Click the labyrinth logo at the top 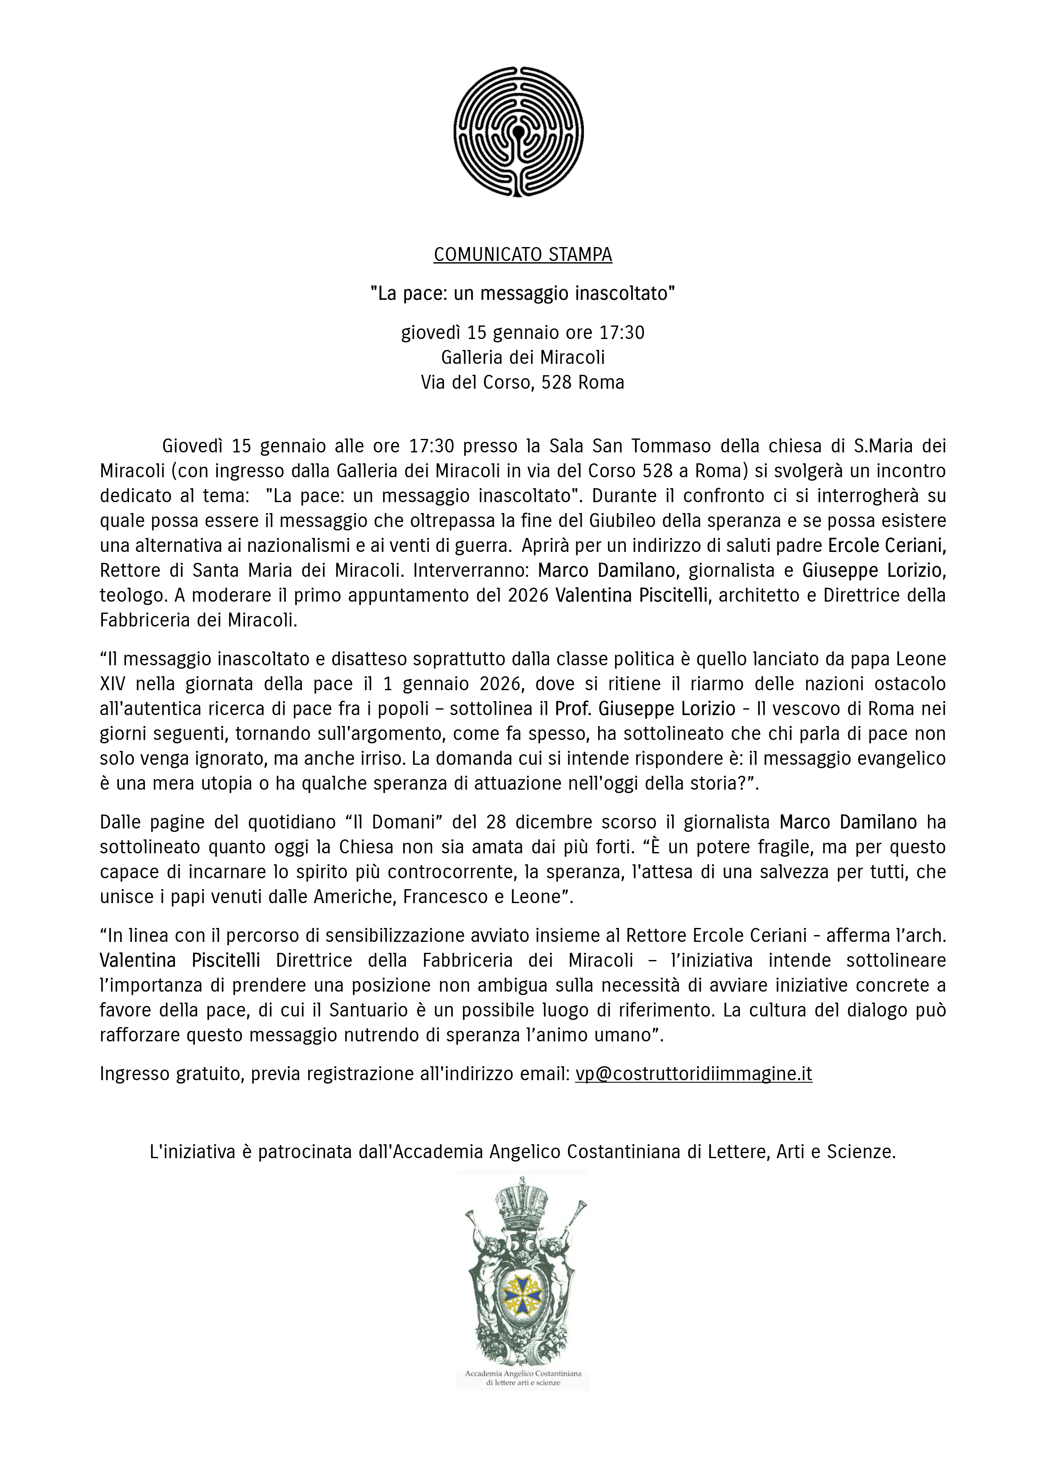tap(519, 132)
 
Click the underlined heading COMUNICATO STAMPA tap(522, 255)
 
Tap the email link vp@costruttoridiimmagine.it tap(694, 1074)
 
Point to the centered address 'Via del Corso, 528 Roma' tap(522, 383)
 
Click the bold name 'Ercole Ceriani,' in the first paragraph tap(886, 546)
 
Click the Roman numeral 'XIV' tap(112, 684)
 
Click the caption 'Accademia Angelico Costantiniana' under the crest tap(522, 1373)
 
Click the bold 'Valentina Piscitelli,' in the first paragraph tap(632, 595)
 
